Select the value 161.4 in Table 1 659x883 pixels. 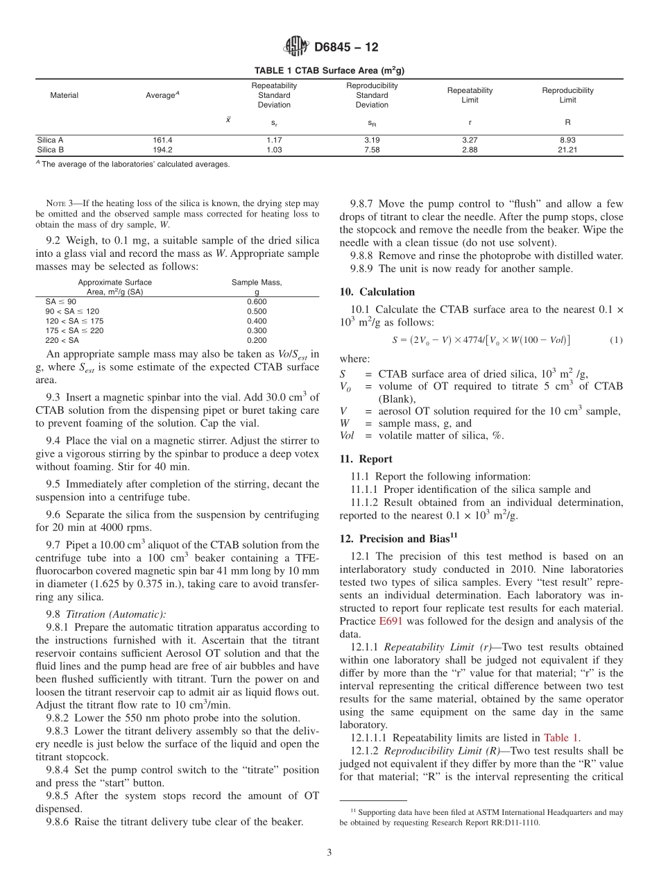pos(162,140)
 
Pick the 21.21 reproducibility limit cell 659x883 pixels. pos(567,149)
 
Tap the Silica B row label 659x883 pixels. pos(51,149)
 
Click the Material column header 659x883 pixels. pos(64,95)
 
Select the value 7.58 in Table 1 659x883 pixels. pos(372,149)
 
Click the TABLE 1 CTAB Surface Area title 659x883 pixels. pos(329,71)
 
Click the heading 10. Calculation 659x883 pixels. pos(377,292)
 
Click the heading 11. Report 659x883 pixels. pos(366,459)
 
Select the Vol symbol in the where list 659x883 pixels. pos(348,435)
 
